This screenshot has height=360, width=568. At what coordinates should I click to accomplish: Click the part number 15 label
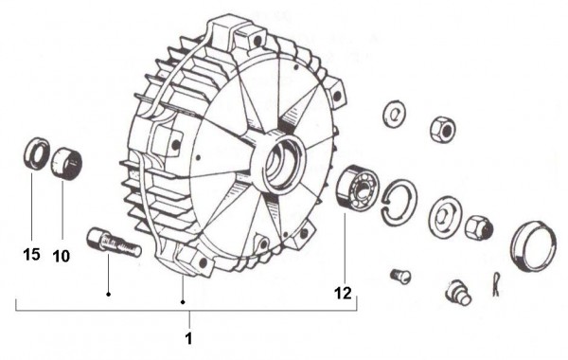pos(31,255)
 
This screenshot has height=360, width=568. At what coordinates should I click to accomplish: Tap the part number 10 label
pos(61,257)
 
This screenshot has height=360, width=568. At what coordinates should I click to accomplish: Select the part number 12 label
pos(343,293)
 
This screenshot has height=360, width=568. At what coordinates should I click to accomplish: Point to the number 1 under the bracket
pos(188,338)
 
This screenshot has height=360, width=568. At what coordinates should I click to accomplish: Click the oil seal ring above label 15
pos(37,153)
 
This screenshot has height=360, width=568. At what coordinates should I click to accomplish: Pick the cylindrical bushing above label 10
pos(66,163)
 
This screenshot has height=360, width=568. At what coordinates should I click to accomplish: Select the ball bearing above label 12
pos(357,187)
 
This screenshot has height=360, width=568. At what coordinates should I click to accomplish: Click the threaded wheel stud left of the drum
pos(115,243)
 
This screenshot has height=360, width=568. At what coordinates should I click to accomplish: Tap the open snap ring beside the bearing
pos(399,203)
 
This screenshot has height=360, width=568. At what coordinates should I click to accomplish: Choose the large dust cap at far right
pos(533,245)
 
